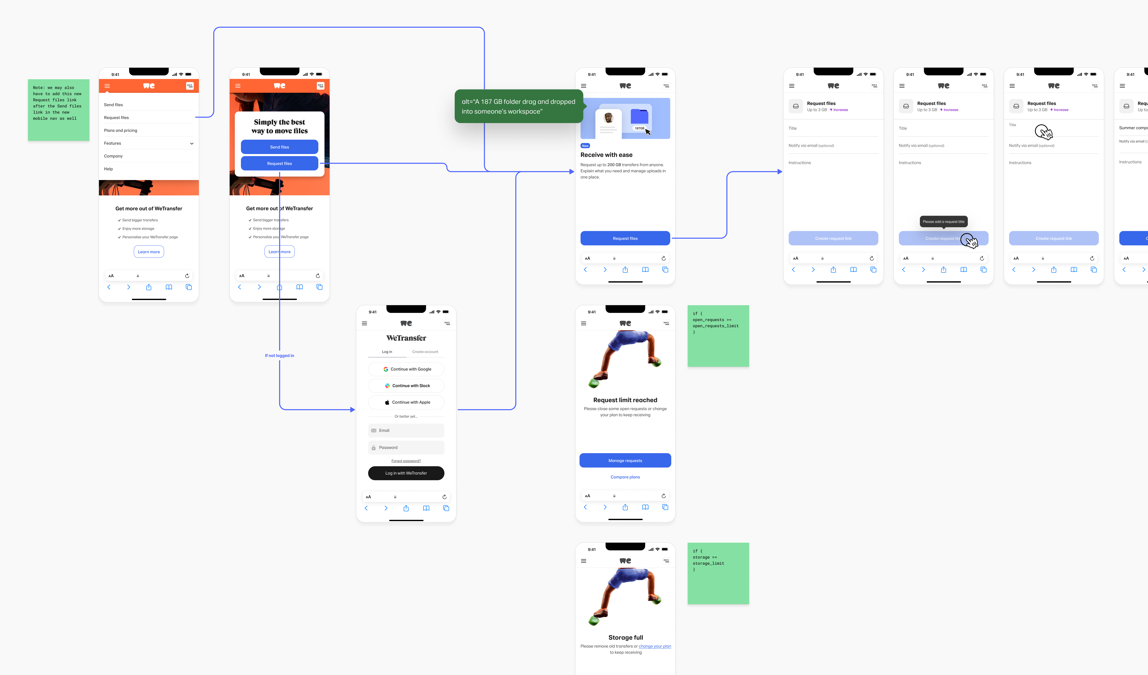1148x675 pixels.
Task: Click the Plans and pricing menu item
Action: pyautogui.click(x=121, y=130)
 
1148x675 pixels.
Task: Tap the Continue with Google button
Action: pyautogui.click(x=406, y=369)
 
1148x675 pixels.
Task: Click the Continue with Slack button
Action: pyautogui.click(x=406, y=386)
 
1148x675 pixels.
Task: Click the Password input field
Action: pyautogui.click(x=406, y=448)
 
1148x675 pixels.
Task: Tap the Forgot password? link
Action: pyautogui.click(x=406, y=461)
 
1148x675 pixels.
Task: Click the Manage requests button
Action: pyautogui.click(x=625, y=460)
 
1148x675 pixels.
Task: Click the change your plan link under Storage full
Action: pyautogui.click(x=655, y=646)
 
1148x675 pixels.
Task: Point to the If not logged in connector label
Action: pyautogui.click(x=279, y=355)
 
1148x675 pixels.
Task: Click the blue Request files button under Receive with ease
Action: pyautogui.click(x=625, y=238)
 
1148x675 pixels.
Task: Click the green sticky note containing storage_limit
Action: pyautogui.click(x=718, y=573)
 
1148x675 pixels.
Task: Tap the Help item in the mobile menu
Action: pyautogui.click(x=108, y=169)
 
